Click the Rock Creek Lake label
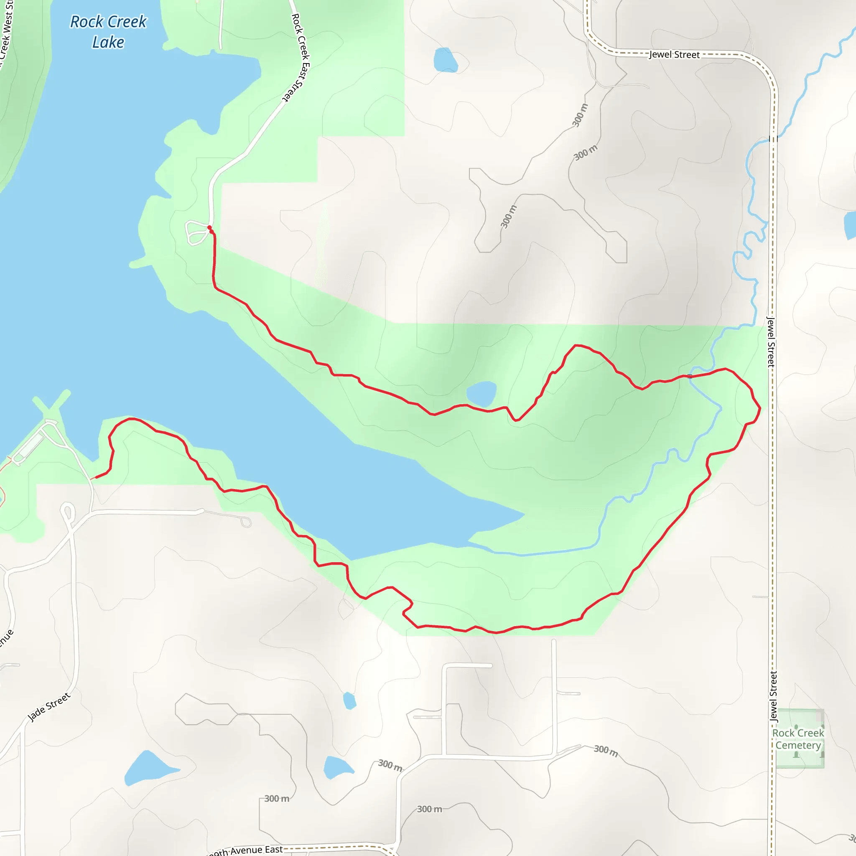tap(108, 32)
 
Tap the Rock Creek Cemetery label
tap(798, 739)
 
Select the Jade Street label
tap(49, 707)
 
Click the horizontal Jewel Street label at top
tap(674, 54)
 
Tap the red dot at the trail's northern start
tap(209, 228)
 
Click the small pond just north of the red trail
tap(481, 393)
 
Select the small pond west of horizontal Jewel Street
tap(445, 60)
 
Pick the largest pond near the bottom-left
tap(148, 767)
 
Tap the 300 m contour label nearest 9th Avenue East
tap(276, 799)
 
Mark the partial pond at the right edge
tap(851, 225)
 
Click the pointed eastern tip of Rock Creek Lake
tap(524, 515)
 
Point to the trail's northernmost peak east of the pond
tap(576, 345)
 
